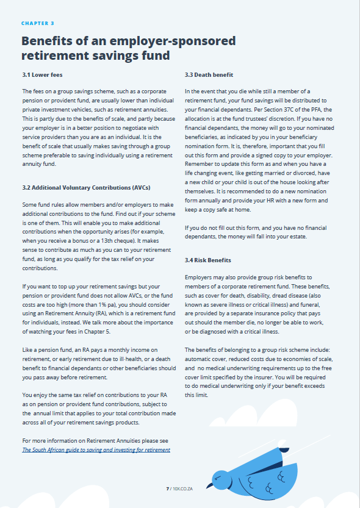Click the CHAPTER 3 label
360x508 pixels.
38,23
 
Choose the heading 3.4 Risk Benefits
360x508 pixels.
207,260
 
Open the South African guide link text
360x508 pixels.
96,449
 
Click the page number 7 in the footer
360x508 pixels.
167,488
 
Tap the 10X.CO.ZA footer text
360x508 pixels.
182,488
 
